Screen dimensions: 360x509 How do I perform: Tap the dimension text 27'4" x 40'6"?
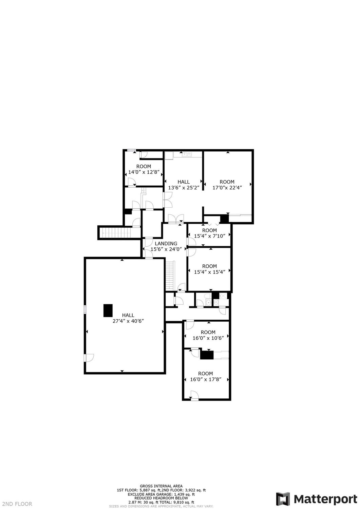tap(128, 321)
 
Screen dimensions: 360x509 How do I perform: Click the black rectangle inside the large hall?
tap(108, 310)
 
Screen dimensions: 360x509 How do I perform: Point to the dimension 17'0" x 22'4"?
tap(227, 188)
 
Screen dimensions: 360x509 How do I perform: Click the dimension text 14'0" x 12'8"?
tap(144, 172)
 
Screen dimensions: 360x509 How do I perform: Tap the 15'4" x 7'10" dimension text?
tap(209, 236)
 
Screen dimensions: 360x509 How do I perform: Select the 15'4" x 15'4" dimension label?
tap(209, 272)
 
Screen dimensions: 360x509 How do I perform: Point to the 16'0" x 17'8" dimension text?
tap(206, 379)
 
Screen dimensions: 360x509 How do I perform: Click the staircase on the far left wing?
tap(117, 232)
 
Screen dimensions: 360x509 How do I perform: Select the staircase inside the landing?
tap(170, 275)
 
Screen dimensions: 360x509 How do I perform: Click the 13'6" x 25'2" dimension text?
tap(184, 188)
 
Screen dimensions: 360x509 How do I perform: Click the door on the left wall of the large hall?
tap(89, 358)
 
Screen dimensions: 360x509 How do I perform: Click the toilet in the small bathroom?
tap(207, 296)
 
